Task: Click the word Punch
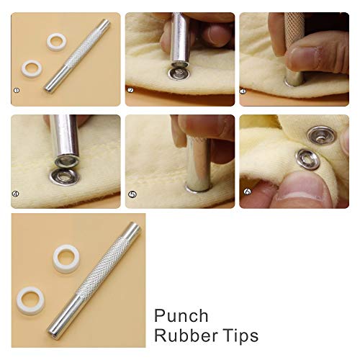point(182,316)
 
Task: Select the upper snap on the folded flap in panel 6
point(319,135)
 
